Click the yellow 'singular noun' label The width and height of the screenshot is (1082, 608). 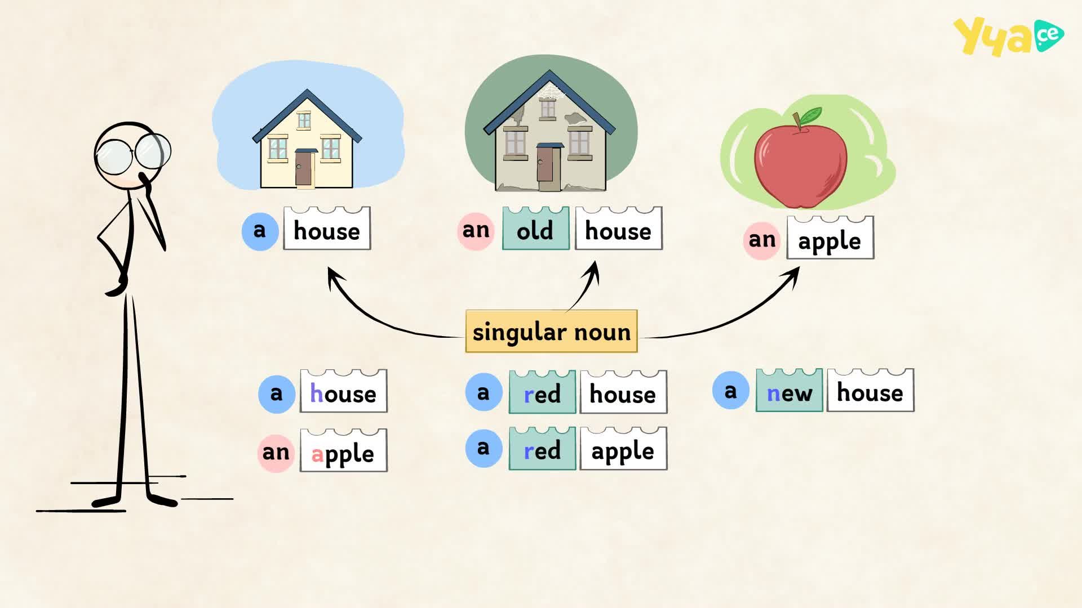tap(551, 332)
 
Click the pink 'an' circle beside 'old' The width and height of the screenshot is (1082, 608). tap(476, 231)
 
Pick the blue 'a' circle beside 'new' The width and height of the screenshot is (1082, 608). tap(730, 390)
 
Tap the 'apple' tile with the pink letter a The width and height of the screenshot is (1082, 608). tap(343, 451)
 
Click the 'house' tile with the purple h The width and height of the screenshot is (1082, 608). tap(343, 391)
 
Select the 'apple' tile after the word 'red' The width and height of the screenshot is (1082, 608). tap(623, 449)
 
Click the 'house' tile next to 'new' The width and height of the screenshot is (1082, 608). tap(870, 391)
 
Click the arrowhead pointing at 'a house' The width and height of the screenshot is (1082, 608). tap(334, 276)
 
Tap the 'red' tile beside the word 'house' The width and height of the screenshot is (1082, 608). tap(542, 392)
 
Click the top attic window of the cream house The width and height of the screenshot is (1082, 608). tap(304, 119)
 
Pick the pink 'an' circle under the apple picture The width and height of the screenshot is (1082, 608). tap(762, 240)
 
